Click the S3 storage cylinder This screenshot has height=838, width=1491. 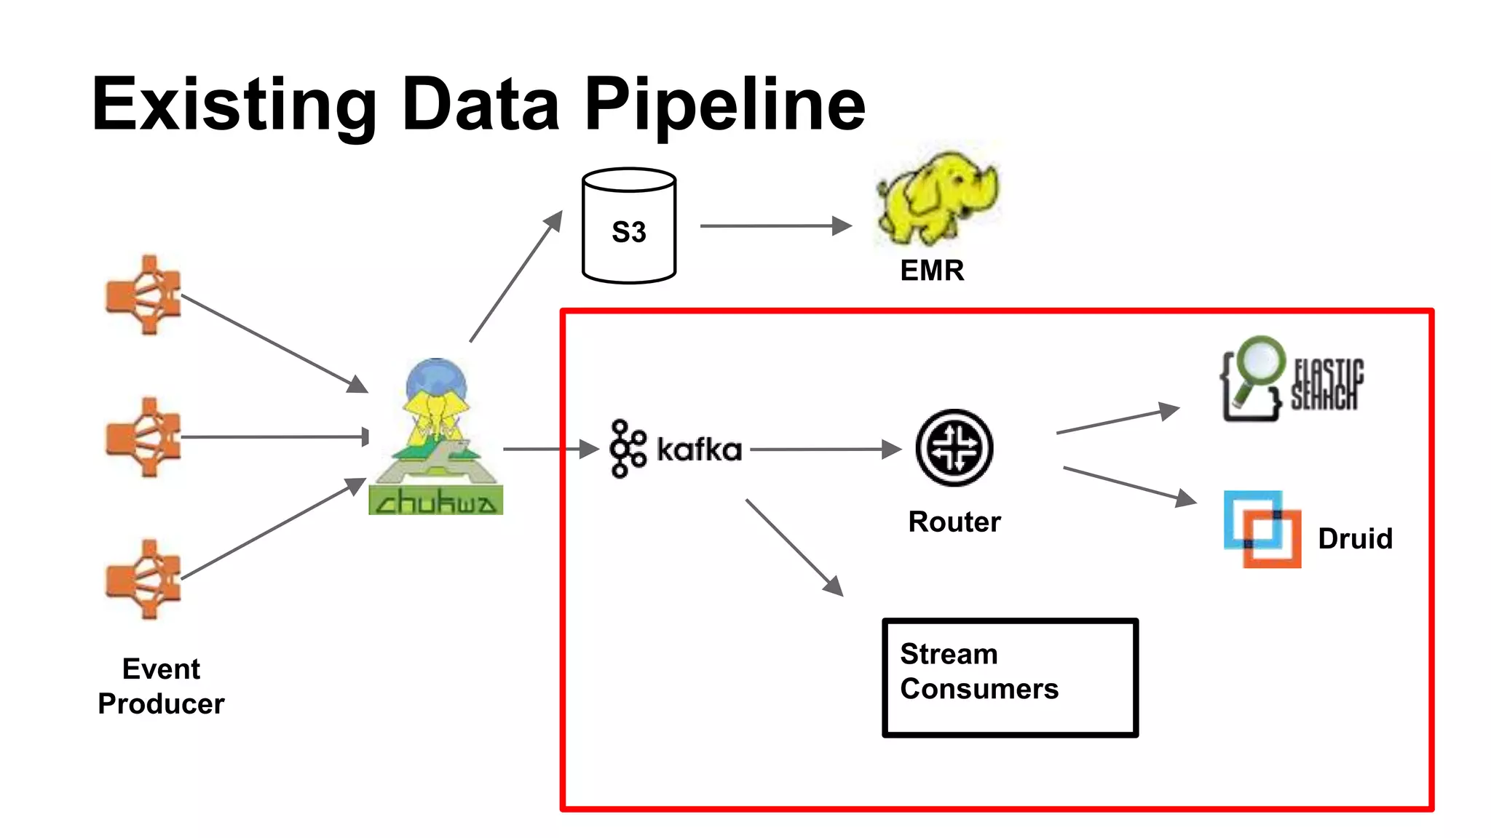click(629, 226)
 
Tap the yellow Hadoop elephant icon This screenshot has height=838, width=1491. click(938, 198)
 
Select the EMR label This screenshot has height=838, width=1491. click(932, 271)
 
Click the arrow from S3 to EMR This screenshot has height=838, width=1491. click(775, 226)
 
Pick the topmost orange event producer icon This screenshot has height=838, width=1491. click(144, 295)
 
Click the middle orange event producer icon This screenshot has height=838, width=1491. click(144, 436)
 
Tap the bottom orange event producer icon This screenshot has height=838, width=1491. click(144, 579)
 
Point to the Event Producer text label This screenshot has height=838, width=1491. click(161, 686)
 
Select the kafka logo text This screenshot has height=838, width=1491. click(698, 450)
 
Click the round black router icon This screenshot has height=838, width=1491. click(954, 448)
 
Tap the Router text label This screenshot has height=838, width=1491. click(954, 522)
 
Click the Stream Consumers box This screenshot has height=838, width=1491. click(1010, 677)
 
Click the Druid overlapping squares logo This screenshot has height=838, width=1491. click(1262, 529)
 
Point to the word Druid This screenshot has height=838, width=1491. click(1355, 539)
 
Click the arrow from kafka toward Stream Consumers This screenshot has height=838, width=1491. click(794, 546)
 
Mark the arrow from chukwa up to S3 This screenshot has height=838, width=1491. click(516, 276)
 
